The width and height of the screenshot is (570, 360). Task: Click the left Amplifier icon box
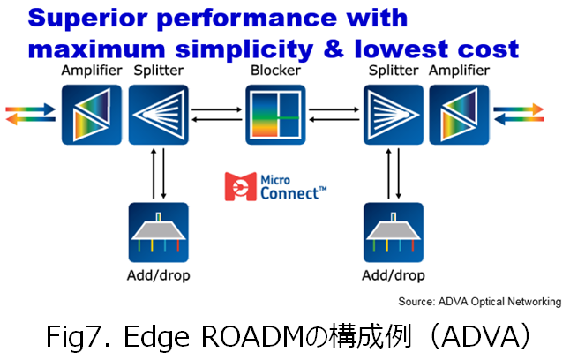(92, 115)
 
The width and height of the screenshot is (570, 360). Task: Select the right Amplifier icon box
(460, 115)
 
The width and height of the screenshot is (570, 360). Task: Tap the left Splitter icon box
(159, 115)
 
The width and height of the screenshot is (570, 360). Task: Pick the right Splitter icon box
(394, 115)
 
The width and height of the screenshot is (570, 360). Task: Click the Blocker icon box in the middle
(275, 115)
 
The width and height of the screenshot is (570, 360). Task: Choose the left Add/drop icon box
(159, 232)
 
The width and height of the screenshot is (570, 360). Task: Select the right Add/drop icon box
(394, 232)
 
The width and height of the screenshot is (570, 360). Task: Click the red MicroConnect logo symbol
(240, 186)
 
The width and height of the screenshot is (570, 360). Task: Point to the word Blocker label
(275, 71)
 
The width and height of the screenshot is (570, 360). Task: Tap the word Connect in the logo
(289, 193)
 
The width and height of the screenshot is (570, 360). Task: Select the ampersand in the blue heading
(334, 49)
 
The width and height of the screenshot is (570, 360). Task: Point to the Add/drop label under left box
(159, 275)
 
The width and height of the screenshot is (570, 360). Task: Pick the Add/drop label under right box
(394, 275)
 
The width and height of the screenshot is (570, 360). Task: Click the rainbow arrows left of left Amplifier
(31, 114)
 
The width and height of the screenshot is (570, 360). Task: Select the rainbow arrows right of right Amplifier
(519, 114)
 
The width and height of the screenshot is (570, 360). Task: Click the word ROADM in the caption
(252, 336)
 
